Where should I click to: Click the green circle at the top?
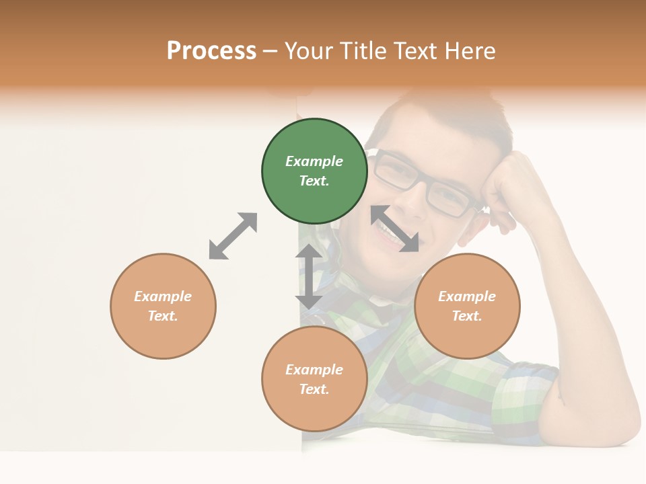[314, 171]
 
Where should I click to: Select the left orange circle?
[163, 306]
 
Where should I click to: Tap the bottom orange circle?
[314, 379]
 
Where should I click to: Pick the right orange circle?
[467, 306]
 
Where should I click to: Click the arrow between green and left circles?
[233, 236]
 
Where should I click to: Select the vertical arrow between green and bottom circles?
[309, 276]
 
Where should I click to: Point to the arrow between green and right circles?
[395, 229]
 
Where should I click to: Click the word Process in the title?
[211, 51]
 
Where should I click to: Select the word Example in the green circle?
[314, 161]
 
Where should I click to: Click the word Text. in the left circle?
[163, 316]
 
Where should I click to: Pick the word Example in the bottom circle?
[314, 370]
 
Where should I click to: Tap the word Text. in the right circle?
[467, 316]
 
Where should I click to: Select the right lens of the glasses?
[447, 199]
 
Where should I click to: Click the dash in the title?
[271, 51]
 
